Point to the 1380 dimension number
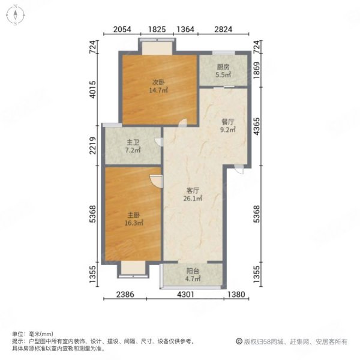238,295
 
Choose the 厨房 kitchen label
223,68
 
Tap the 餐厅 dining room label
226,122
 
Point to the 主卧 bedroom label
133,214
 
